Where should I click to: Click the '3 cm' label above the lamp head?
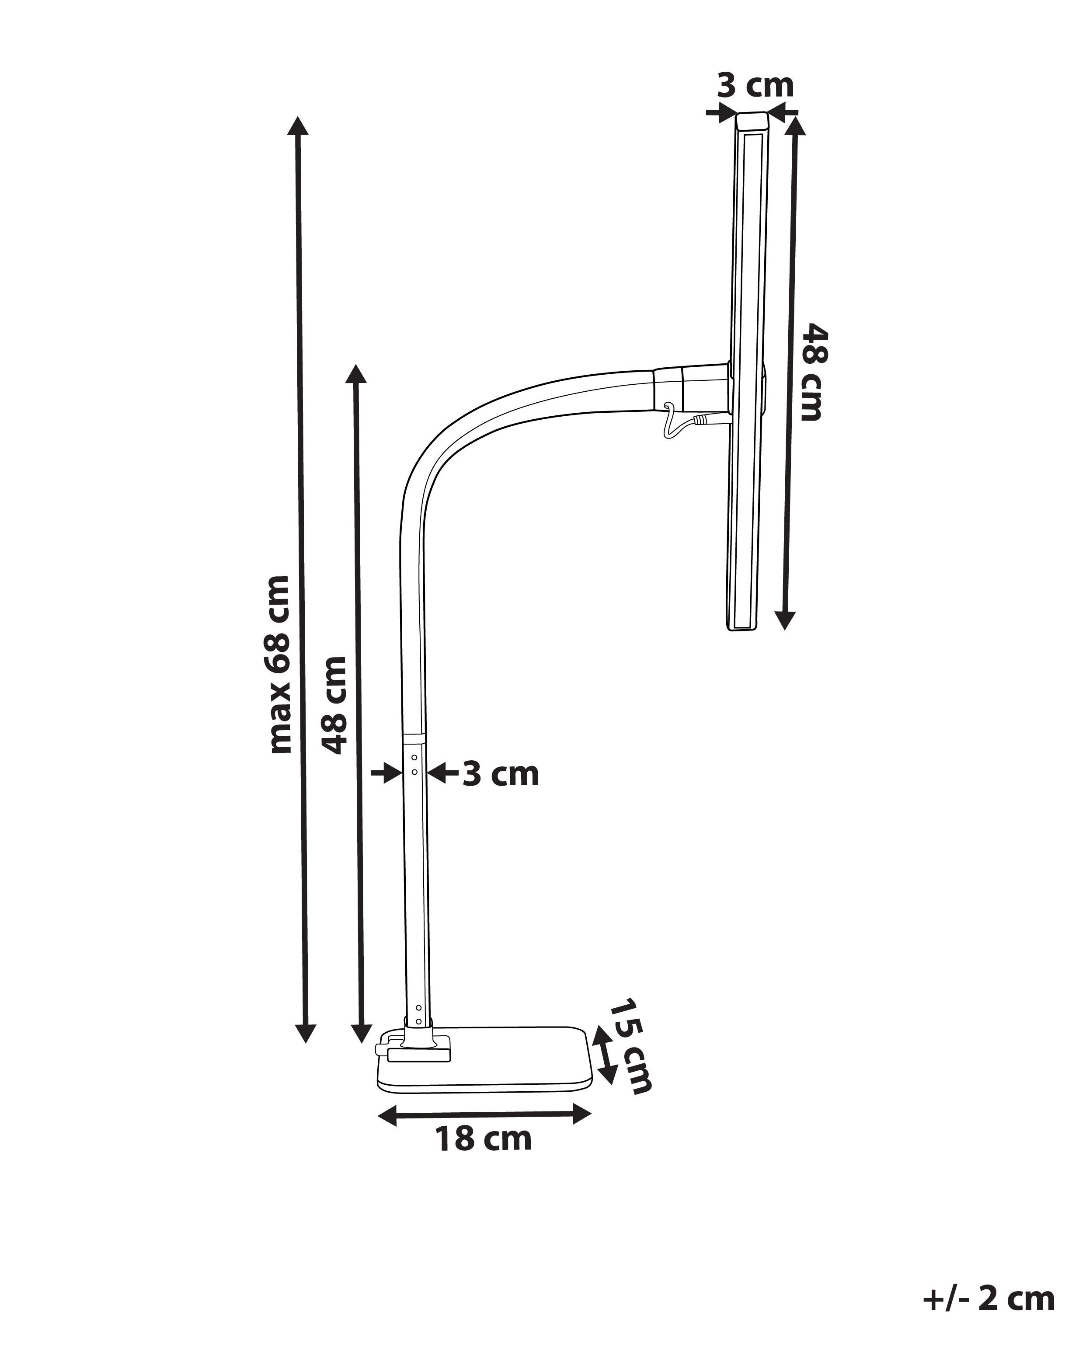756,86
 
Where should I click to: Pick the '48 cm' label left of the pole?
334,705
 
